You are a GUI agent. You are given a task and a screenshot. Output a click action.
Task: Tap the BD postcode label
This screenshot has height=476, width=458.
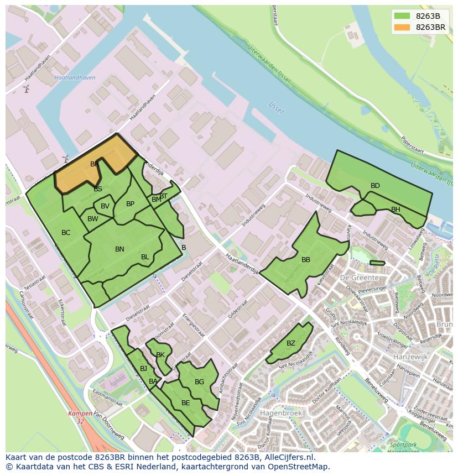[x=375, y=186]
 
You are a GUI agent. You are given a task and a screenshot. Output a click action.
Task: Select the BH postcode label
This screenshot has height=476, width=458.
[x=395, y=210]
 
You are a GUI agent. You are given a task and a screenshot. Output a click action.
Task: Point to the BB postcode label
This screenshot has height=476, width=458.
[x=306, y=260]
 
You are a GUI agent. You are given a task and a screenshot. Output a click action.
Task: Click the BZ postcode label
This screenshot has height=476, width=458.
[x=291, y=343]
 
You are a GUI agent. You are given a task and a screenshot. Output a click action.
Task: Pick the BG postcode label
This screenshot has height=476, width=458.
[x=200, y=382]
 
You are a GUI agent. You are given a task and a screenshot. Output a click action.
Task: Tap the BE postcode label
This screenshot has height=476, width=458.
[x=186, y=403]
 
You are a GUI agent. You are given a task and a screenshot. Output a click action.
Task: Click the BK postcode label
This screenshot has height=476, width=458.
[x=160, y=355]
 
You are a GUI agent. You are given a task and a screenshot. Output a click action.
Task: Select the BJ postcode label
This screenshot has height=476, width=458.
[x=143, y=369]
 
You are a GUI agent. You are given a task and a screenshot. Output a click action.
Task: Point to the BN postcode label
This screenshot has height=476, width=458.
[x=119, y=249]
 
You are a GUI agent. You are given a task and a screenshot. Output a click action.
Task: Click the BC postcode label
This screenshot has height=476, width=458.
[x=66, y=233]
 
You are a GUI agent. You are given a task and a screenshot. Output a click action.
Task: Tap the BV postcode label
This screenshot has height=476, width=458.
[x=105, y=206]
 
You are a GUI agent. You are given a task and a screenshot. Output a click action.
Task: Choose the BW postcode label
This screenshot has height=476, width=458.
[x=93, y=219]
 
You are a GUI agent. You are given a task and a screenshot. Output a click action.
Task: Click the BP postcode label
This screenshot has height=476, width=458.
[x=130, y=204]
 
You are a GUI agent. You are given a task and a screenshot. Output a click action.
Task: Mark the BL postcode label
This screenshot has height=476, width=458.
[x=145, y=257]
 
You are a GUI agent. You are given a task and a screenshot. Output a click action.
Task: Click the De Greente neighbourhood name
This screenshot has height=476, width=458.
[x=360, y=278]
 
